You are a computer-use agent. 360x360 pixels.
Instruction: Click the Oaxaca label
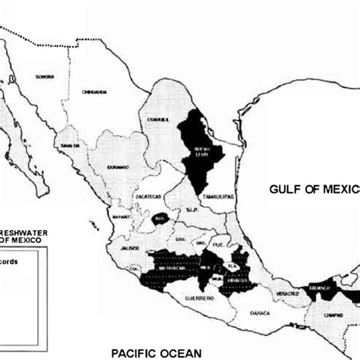click(258, 310)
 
